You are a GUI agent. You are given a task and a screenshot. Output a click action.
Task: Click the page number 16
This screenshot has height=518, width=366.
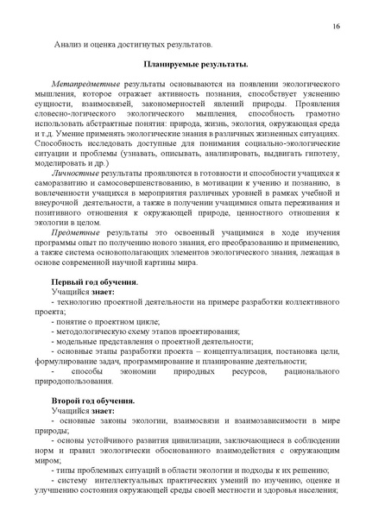coord(335,27)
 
